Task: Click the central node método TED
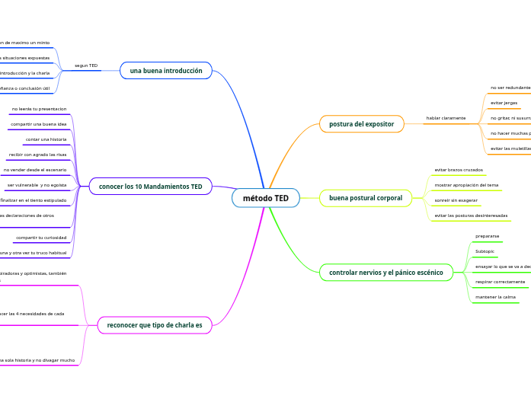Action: tap(266, 198)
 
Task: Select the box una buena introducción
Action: tap(166, 71)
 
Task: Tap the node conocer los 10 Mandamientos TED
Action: tap(150, 186)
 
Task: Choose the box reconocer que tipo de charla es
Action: tap(155, 325)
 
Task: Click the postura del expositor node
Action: tap(361, 123)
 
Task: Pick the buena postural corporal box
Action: tap(365, 198)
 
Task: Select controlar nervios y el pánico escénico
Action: tap(385, 272)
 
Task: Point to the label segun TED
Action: tap(86, 65)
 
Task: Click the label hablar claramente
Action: tap(446, 118)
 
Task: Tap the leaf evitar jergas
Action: tap(504, 103)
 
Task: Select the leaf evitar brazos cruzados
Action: tap(459, 170)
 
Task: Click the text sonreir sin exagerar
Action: tap(456, 200)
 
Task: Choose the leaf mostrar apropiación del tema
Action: tap(466, 185)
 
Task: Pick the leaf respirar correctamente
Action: tap(500, 282)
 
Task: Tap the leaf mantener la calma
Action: tap(495, 297)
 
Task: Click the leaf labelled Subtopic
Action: tap(485, 251)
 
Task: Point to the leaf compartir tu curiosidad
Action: tap(41, 238)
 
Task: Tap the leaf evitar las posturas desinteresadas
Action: tap(470, 216)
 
